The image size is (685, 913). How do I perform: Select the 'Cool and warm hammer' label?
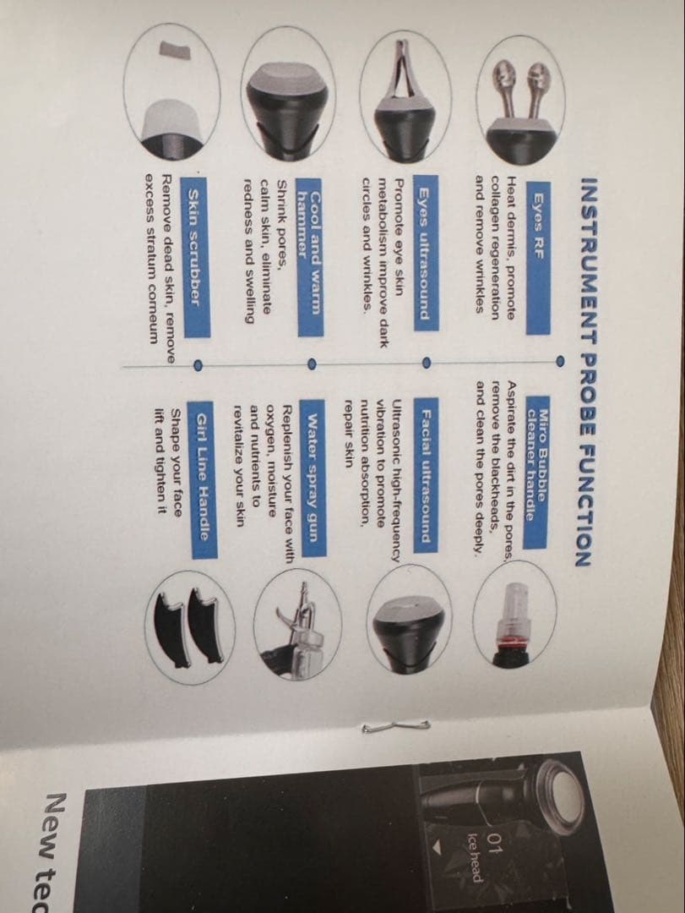point(311,257)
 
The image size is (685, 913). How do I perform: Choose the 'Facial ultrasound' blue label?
point(426,476)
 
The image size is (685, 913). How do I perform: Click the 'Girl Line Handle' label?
point(204,479)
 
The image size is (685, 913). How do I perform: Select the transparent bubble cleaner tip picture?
point(514,625)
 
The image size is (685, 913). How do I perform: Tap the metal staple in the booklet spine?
point(396,727)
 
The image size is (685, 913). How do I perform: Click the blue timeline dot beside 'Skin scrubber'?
point(198,365)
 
